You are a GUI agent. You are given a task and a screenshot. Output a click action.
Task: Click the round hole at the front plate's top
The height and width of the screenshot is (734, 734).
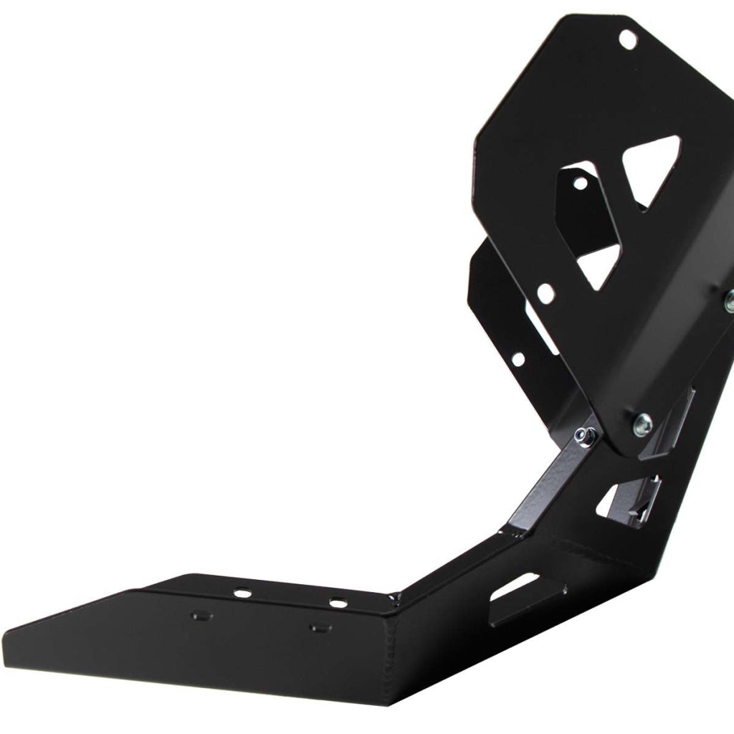click(x=627, y=40)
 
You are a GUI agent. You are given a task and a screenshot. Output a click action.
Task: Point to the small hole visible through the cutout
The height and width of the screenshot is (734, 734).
click(x=580, y=183)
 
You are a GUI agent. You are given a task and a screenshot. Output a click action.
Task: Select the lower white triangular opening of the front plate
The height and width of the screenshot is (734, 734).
click(x=599, y=266)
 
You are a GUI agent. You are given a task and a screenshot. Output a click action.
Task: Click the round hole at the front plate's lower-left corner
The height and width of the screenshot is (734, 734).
click(x=546, y=292)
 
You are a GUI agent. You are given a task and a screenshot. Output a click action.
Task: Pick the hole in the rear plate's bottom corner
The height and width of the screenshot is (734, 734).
click(x=518, y=358)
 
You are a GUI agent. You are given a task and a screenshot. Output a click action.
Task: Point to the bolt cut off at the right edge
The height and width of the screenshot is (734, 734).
click(x=729, y=296)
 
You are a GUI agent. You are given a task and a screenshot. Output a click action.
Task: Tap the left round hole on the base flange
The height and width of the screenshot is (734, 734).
click(x=243, y=593)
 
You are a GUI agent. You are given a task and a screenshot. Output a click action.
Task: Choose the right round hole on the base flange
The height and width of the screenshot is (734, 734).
click(x=335, y=601)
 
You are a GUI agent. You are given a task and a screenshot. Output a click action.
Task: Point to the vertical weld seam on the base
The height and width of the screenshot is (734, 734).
click(x=393, y=645)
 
